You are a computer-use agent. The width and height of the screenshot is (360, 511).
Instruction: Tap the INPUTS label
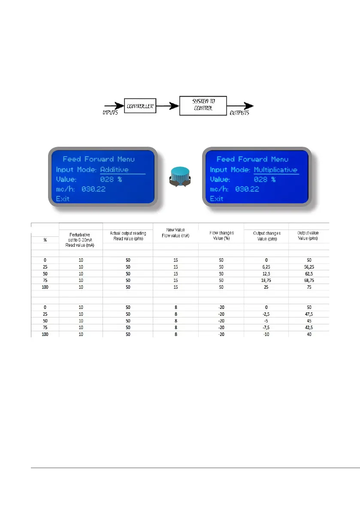tap(110, 113)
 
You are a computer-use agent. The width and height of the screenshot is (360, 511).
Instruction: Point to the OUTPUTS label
tap(239, 113)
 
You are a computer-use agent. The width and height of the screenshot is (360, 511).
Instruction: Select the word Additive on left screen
tap(114, 170)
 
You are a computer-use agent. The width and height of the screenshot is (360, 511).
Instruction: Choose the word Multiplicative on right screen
tap(275, 170)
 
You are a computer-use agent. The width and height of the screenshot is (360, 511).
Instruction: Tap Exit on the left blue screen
tap(63, 199)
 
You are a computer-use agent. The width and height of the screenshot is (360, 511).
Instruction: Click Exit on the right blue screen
tap(216, 199)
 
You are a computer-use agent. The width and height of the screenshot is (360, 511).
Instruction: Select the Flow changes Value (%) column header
tap(221, 236)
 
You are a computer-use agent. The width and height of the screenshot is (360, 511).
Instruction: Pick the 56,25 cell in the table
tap(309, 266)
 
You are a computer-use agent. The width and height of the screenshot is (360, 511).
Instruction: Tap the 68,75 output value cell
tap(309, 280)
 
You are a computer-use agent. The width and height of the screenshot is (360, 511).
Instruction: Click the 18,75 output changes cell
tap(266, 280)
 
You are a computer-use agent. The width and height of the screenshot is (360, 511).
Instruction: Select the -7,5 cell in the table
tap(266, 327)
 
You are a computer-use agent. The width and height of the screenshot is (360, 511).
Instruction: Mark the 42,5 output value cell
tap(309, 327)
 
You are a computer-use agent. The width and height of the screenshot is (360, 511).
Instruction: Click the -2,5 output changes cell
tap(266, 313)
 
